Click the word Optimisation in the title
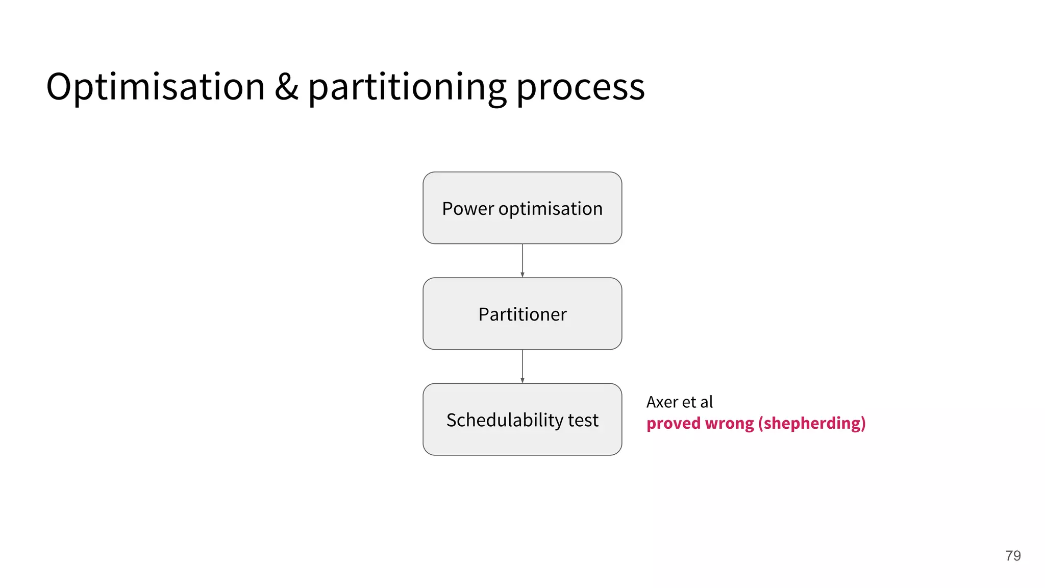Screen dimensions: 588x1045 156,87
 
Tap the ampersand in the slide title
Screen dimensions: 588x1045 286,87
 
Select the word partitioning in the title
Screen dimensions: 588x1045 407,88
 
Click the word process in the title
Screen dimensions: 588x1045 581,88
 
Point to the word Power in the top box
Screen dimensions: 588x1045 468,209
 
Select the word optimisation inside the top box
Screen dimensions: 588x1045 551,209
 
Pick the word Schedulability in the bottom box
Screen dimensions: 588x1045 504,420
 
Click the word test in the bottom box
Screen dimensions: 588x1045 583,420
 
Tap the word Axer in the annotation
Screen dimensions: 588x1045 662,402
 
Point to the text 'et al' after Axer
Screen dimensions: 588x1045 698,402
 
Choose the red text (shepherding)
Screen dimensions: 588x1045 812,424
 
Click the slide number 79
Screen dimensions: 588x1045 1013,555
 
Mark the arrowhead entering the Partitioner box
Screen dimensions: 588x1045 522,275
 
